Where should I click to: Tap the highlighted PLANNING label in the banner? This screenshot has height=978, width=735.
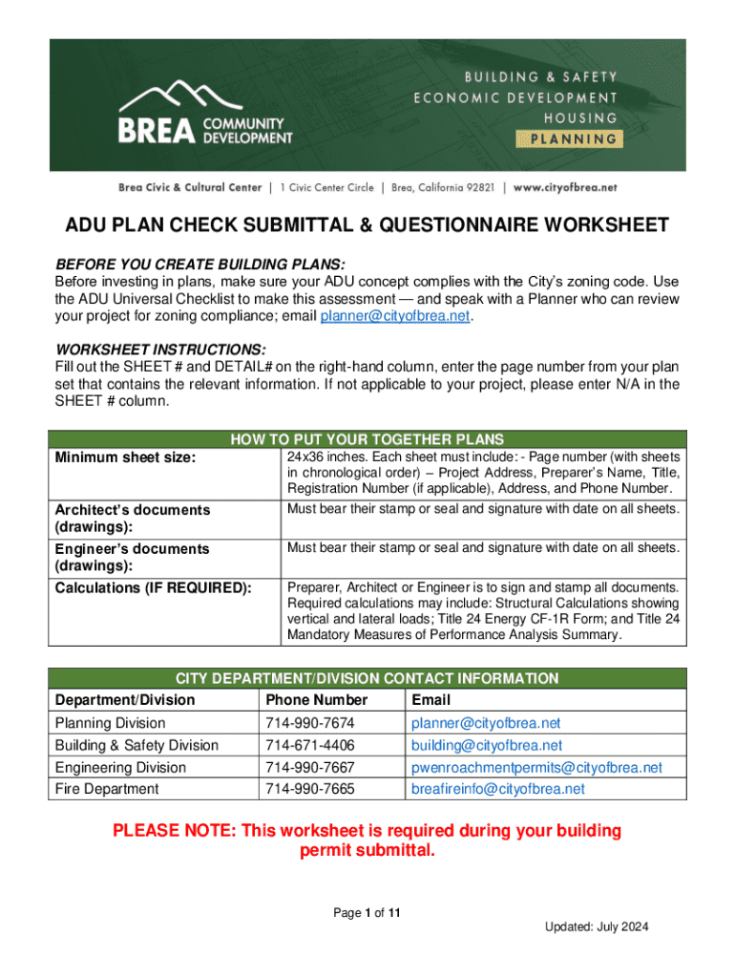tap(570, 138)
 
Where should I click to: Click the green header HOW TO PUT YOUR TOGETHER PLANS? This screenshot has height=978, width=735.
tap(367, 439)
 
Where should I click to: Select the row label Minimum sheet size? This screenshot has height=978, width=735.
tap(125, 458)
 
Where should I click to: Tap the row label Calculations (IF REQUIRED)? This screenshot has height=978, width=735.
tap(153, 587)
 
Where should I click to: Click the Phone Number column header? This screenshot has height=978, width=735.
tap(317, 700)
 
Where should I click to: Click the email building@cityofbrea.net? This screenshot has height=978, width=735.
tap(486, 745)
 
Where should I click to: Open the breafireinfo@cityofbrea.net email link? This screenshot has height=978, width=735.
tap(497, 789)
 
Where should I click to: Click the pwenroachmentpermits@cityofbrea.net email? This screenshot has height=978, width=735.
tap(536, 767)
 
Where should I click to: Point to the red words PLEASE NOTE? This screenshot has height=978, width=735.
tap(173, 831)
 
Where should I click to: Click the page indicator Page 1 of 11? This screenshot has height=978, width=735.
tap(367, 913)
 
